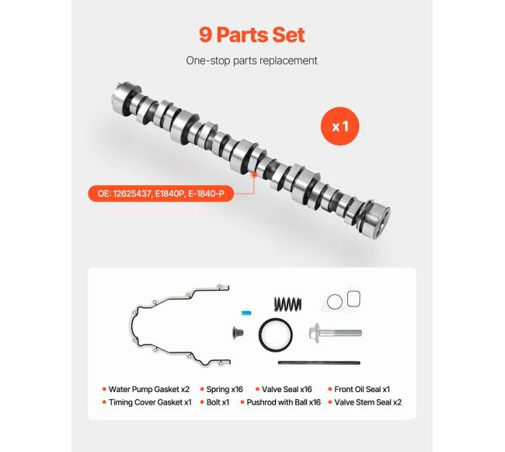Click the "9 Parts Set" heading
coord(252,34)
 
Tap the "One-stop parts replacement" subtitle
coord(252,61)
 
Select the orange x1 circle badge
coord(340,126)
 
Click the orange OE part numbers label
coord(161,194)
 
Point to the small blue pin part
coord(246,313)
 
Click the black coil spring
coord(288,304)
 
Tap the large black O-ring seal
coord(275,335)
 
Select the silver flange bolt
coord(335,333)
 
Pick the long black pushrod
coord(319,363)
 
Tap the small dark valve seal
coord(238,333)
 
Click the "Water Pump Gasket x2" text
coord(149,390)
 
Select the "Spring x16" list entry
coord(225,390)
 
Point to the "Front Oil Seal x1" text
coord(362,390)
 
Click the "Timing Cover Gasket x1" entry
coord(150,402)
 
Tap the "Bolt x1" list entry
coord(218,402)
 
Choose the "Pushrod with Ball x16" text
coord(284,402)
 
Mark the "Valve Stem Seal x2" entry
coord(367,402)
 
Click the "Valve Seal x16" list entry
coord(287,390)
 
